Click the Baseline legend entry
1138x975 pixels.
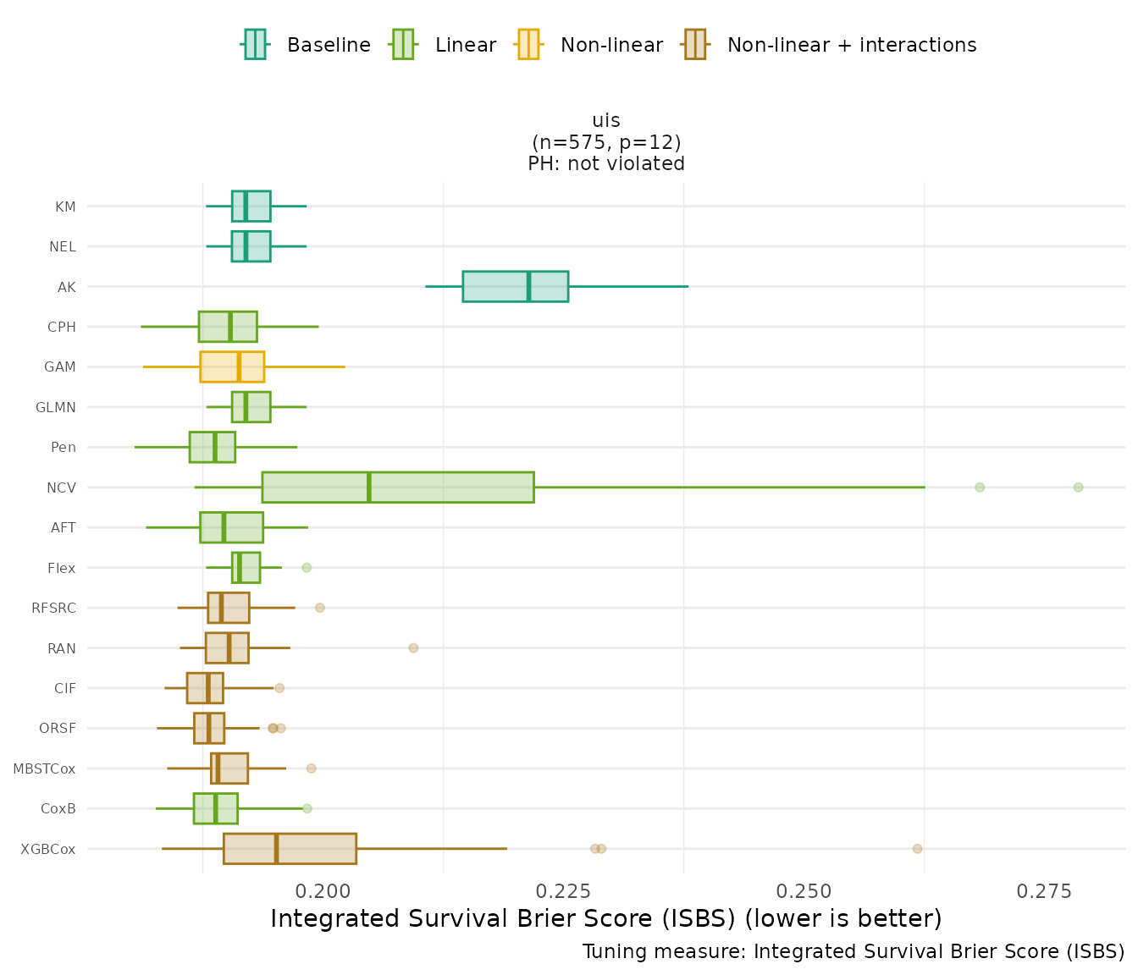[x=307, y=45]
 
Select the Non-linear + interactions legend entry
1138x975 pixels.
[x=830, y=45]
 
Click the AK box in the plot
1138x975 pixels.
[x=515, y=286]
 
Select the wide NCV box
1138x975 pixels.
[x=398, y=487]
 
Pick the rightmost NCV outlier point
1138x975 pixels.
[x=1078, y=487]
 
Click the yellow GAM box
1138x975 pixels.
[x=232, y=366]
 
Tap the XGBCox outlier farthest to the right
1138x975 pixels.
[x=917, y=848]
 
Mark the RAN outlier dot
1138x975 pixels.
[x=413, y=647]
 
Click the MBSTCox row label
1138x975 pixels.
[x=44, y=768]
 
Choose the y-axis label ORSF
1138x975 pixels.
[x=58, y=728]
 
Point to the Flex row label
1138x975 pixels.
[x=62, y=568]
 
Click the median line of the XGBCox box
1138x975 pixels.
[x=276, y=848]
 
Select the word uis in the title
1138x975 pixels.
[x=606, y=121]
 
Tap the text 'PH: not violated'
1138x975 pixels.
[x=606, y=164]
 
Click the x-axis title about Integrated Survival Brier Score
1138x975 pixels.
[x=606, y=918]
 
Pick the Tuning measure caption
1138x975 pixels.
[x=853, y=951]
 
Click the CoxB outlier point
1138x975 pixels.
[x=307, y=808]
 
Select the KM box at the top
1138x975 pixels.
[x=251, y=206]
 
